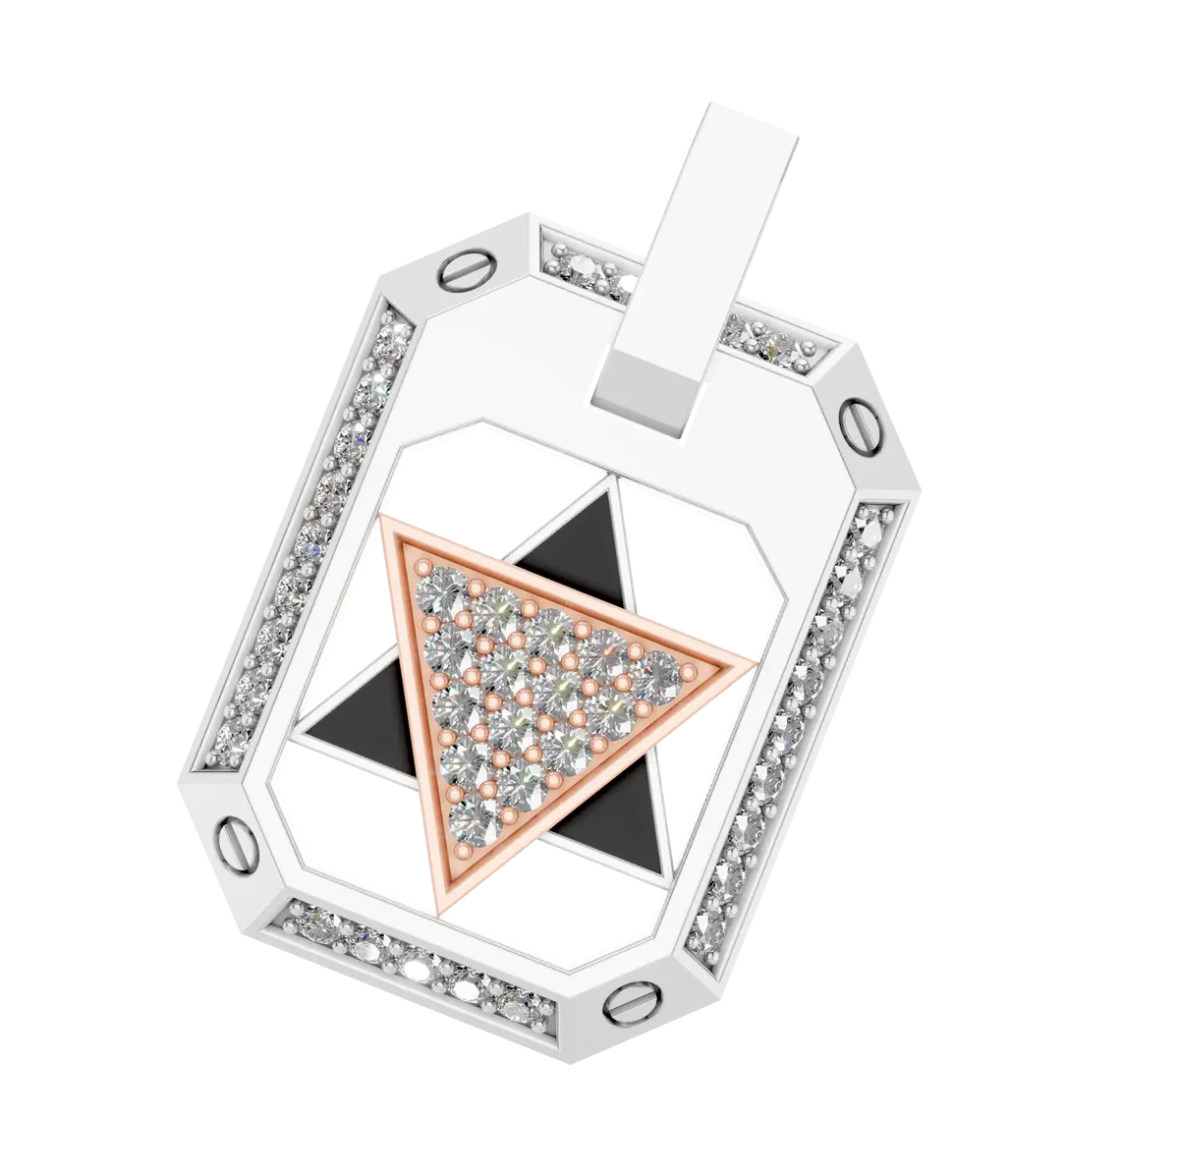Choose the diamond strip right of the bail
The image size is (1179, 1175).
(776, 344)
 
